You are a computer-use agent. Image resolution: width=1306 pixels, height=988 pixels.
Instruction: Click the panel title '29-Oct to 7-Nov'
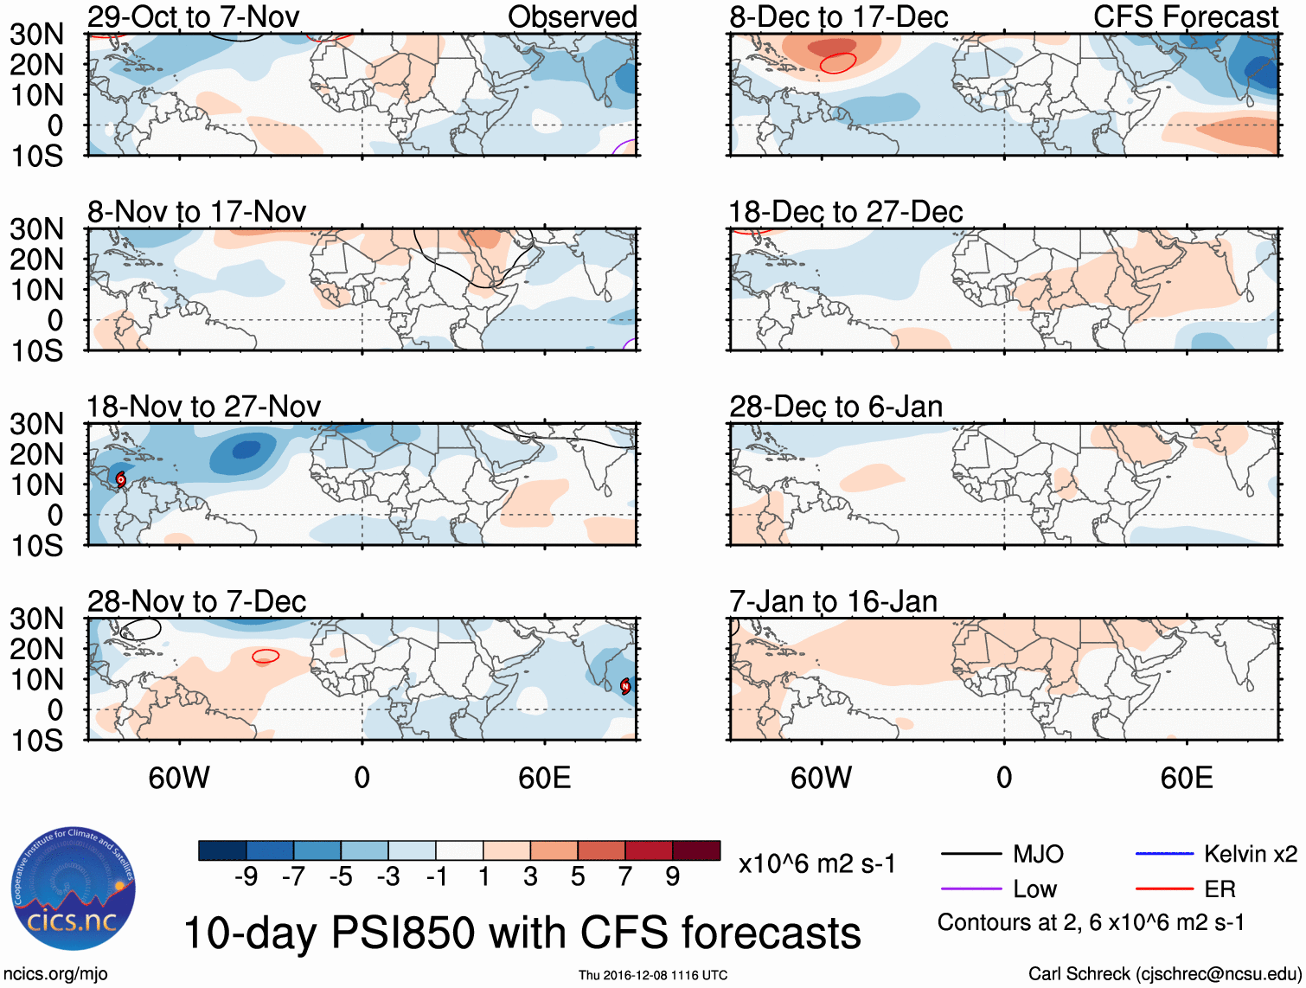pos(193,16)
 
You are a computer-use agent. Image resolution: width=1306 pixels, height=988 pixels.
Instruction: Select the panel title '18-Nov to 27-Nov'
pos(203,406)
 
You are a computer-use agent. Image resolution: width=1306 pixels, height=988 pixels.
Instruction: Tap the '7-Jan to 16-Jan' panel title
pos(833,600)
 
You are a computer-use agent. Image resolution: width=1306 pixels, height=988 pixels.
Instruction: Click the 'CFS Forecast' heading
pos(1186,16)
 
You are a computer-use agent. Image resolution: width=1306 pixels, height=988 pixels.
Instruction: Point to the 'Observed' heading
pos(572,16)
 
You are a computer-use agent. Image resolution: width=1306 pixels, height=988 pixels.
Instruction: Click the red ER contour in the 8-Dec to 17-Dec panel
pos(837,62)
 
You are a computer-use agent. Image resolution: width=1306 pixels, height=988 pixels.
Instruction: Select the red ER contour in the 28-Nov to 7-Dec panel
pos(266,656)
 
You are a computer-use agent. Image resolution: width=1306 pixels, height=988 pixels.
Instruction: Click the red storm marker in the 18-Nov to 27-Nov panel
pos(121,478)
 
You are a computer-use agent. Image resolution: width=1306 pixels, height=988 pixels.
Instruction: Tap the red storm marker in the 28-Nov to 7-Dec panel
pos(625,685)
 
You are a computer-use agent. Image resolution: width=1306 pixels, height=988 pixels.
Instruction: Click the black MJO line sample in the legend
pos(970,854)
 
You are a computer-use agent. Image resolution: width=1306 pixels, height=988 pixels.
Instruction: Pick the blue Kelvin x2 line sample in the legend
pos(1164,854)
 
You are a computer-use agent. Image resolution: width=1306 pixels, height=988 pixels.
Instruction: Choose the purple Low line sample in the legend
pos(970,889)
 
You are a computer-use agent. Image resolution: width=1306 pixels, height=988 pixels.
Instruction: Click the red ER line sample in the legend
pos(1164,889)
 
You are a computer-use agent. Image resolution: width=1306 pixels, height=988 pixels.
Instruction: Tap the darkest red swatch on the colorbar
pos(696,850)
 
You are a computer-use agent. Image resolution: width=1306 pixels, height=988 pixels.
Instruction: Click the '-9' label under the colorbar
pos(246,876)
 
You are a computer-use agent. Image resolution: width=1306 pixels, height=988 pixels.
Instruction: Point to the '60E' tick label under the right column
pos(1186,778)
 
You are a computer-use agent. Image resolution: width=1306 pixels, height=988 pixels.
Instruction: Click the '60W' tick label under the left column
pos(179,778)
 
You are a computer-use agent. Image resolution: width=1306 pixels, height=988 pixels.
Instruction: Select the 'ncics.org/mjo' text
pos(55,974)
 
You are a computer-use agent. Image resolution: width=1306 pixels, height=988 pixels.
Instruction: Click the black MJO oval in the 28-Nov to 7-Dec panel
pos(142,629)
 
